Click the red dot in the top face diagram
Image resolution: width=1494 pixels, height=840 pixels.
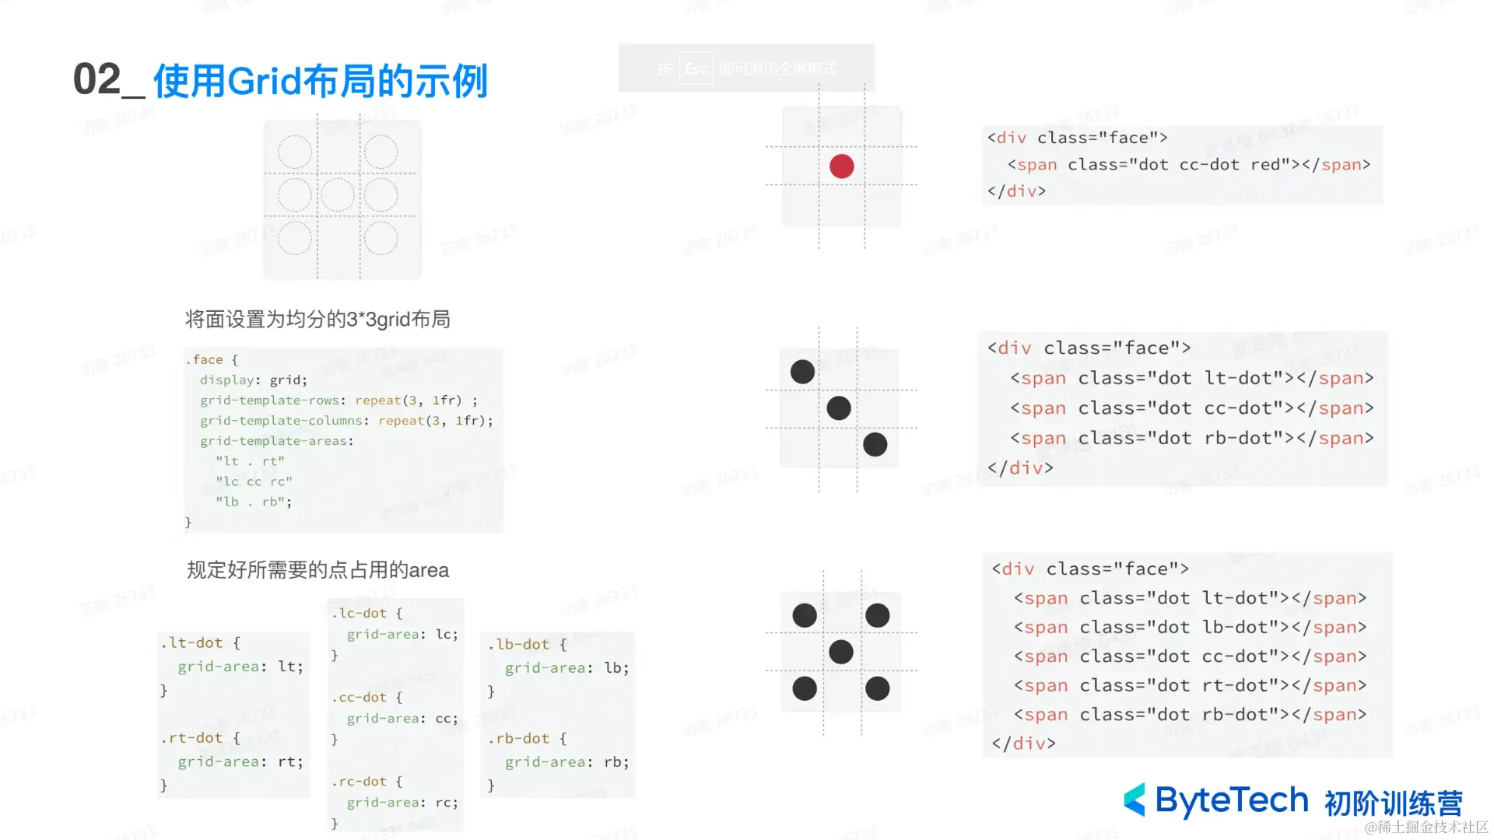click(841, 166)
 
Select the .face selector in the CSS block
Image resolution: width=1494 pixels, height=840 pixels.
click(204, 359)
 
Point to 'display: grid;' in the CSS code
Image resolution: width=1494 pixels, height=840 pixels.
click(253, 380)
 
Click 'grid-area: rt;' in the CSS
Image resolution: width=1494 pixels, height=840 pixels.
click(240, 761)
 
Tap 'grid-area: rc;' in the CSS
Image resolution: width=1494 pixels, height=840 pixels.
click(402, 802)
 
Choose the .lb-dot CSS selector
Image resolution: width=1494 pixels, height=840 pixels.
click(519, 644)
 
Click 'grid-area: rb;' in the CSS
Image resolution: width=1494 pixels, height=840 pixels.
click(566, 762)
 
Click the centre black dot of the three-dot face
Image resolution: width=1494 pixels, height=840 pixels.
click(838, 408)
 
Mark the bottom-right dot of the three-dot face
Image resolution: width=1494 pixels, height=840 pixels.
click(875, 444)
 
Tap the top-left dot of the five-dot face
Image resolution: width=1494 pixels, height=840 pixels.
click(804, 615)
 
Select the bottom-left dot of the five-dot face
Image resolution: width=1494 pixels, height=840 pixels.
click(804, 688)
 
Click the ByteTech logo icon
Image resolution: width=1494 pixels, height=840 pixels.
click(1135, 800)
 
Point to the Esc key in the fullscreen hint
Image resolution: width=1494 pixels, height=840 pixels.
click(696, 68)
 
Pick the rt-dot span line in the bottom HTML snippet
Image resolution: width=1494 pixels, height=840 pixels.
click(1190, 685)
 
